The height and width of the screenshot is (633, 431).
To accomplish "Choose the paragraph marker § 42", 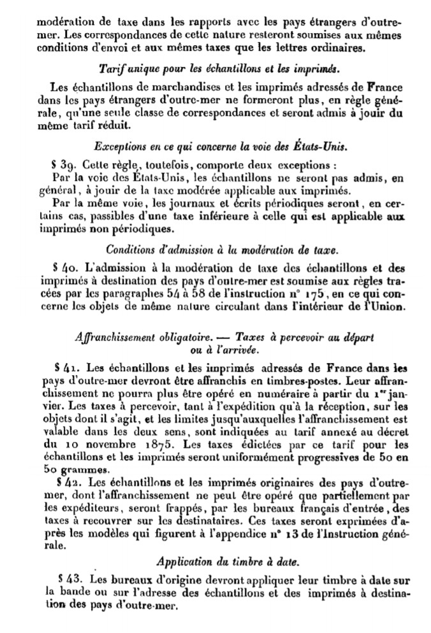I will click(66, 479).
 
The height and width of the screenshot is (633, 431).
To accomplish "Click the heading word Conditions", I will click(131, 250).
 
